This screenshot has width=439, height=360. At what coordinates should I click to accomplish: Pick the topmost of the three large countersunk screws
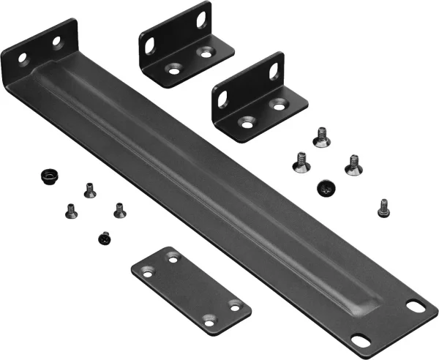click(320, 136)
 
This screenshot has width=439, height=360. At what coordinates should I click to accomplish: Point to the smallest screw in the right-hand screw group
click(383, 208)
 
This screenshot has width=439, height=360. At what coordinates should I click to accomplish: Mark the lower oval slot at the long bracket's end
click(361, 341)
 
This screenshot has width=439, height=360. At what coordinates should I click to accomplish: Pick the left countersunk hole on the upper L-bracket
click(174, 70)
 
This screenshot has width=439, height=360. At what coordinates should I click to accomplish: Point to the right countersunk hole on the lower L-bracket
click(278, 105)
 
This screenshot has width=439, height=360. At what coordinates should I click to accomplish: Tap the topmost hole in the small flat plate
click(173, 258)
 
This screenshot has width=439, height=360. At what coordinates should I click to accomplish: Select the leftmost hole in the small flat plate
click(146, 272)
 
